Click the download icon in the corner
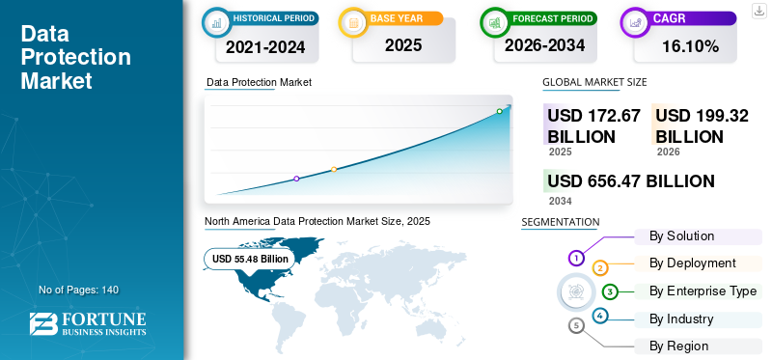click(x=758, y=11)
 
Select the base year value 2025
click(x=403, y=45)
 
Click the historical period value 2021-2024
click(x=265, y=46)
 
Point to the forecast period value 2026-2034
click(x=545, y=45)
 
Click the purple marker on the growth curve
click(x=296, y=179)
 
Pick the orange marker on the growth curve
click(x=334, y=170)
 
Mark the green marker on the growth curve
click(x=499, y=111)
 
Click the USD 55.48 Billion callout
click(x=250, y=259)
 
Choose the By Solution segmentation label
click(x=681, y=235)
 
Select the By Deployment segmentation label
click(x=693, y=263)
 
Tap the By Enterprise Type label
click(x=703, y=291)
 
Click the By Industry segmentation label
click(x=681, y=319)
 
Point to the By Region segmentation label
click(x=679, y=346)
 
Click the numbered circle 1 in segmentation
click(x=576, y=258)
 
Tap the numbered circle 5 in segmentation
click(x=576, y=325)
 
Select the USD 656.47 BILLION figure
click(x=631, y=180)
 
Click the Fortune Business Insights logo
click(x=88, y=323)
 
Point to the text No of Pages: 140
click(x=79, y=290)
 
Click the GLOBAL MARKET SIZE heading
click(x=594, y=82)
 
